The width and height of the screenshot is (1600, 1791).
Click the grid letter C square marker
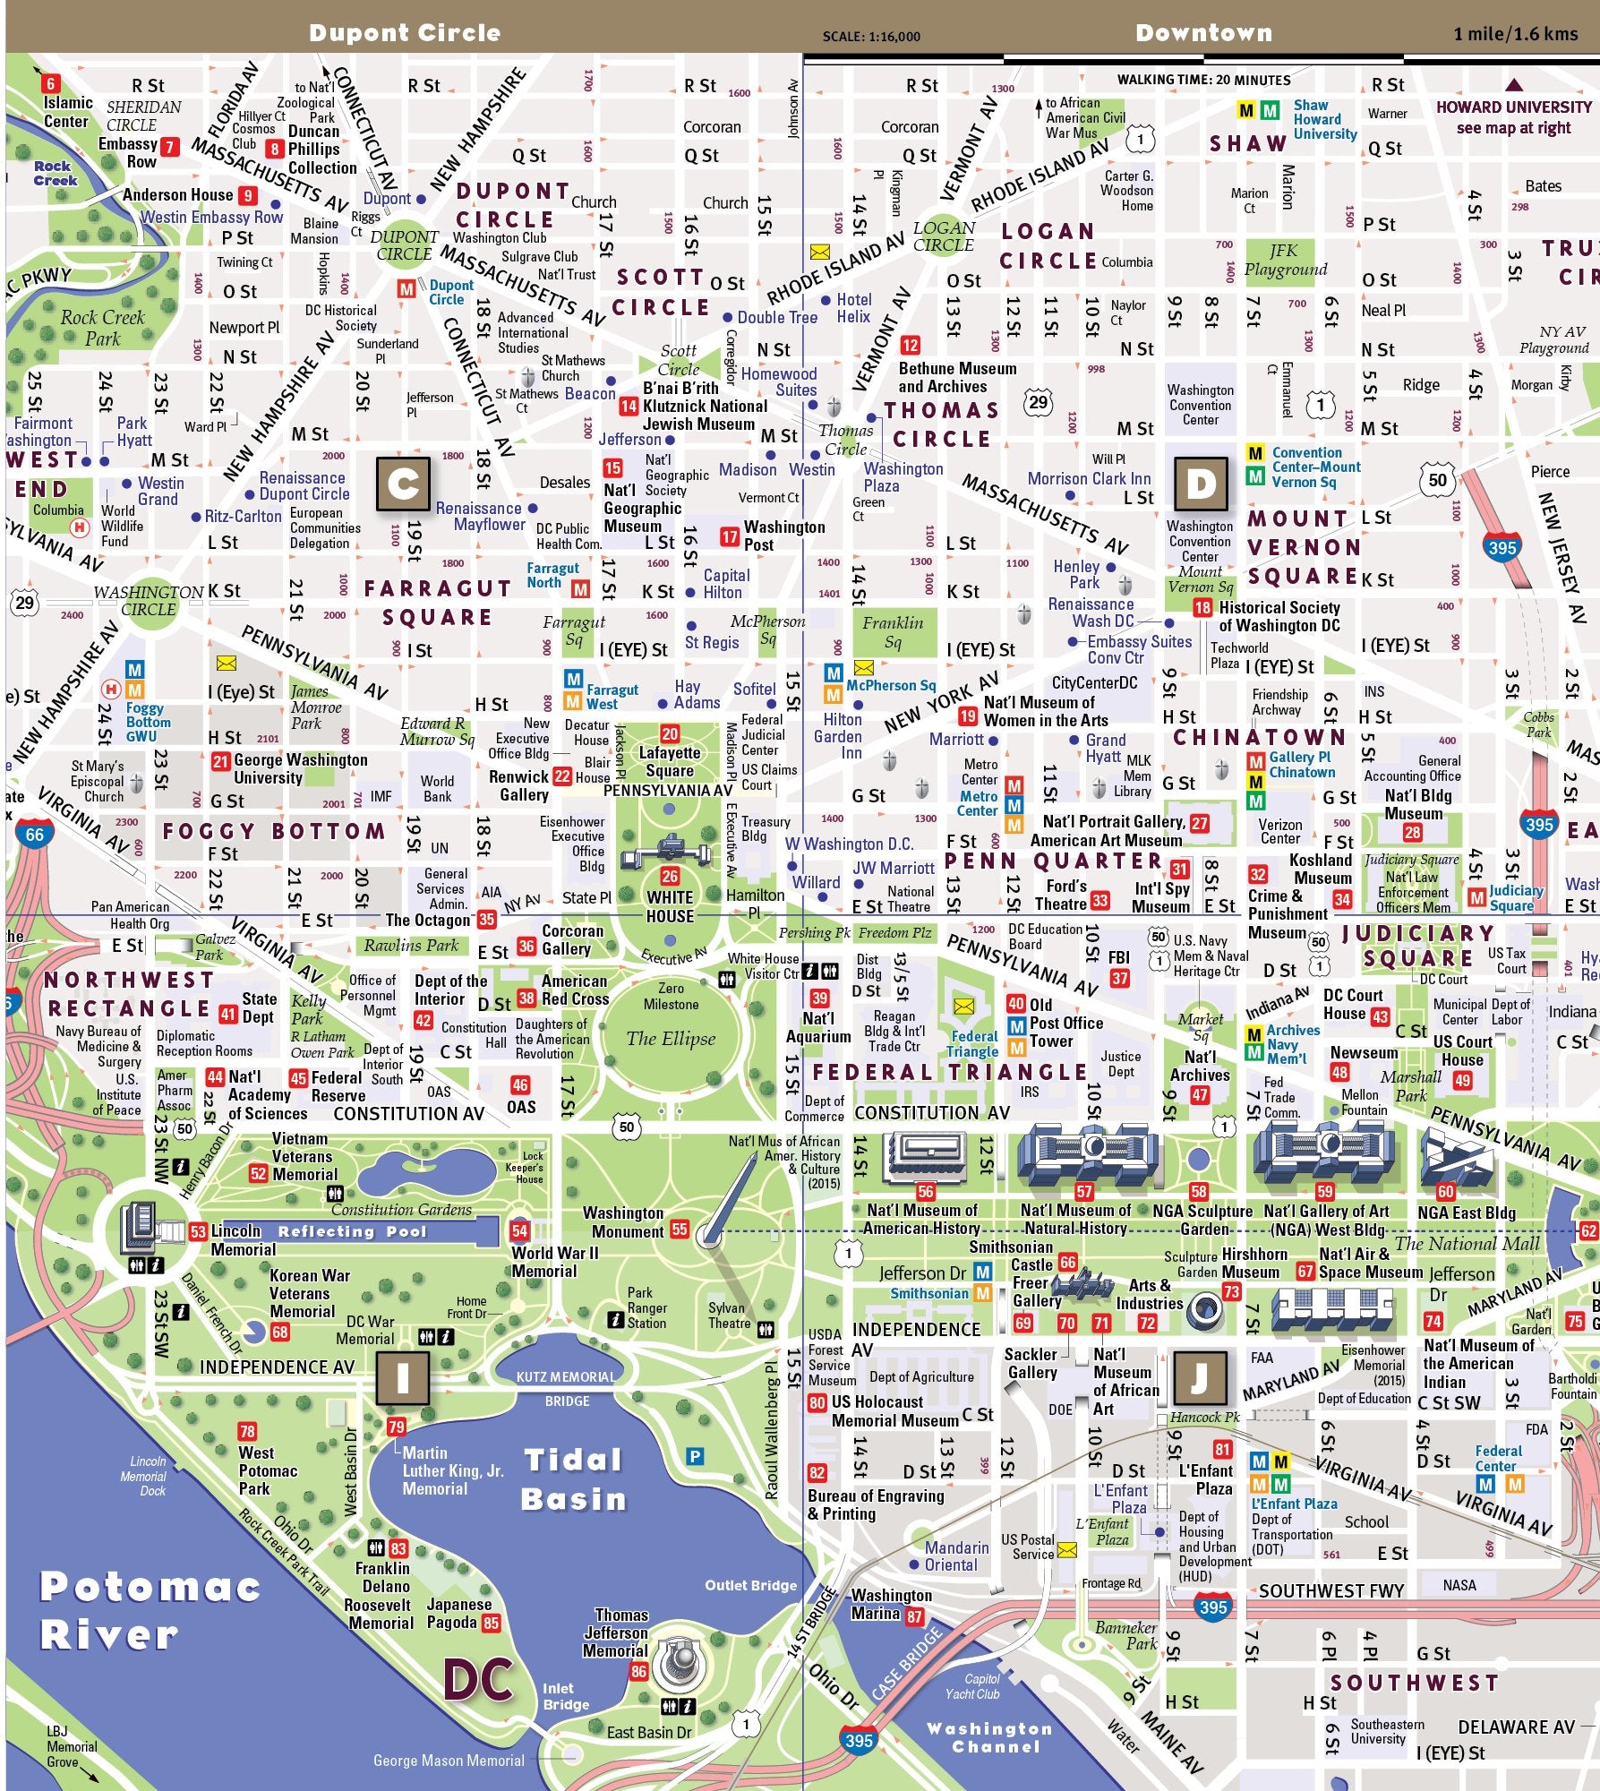click(403, 484)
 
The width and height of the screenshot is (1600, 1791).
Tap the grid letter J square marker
click(1199, 1378)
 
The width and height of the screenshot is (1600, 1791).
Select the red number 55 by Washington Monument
click(680, 1230)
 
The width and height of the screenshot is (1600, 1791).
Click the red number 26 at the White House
click(670, 876)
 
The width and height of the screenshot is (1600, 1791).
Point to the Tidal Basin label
click(573, 1479)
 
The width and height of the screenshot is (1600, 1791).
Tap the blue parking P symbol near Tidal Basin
click(695, 1457)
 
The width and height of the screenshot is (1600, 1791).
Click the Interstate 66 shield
click(34, 835)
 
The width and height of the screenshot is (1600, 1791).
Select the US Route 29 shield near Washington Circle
click(24, 602)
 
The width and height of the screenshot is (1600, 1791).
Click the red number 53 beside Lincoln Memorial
click(198, 1231)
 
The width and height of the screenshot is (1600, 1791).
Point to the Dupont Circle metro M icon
click(406, 288)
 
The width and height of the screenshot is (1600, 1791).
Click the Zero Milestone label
click(671, 996)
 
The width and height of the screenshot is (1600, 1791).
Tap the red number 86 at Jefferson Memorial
click(638, 1671)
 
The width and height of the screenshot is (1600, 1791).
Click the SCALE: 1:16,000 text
click(870, 37)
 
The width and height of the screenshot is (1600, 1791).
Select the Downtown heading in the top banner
click(1203, 33)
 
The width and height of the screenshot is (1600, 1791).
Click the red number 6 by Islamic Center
click(50, 84)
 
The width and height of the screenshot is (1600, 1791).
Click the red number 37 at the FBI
click(1119, 978)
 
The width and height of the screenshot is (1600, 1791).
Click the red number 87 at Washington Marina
click(914, 1616)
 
